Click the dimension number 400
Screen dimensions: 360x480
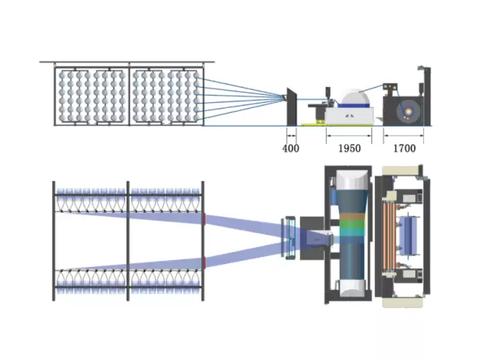click(290, 148)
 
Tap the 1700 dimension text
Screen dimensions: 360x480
click(404, 148)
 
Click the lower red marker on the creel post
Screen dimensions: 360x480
click(204, 261)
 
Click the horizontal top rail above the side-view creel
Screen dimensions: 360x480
click(126, 62)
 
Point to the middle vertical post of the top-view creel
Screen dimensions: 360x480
click(128, 240)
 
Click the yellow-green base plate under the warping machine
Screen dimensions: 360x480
click(312, 124)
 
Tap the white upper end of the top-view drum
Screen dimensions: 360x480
click(352, 180)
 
